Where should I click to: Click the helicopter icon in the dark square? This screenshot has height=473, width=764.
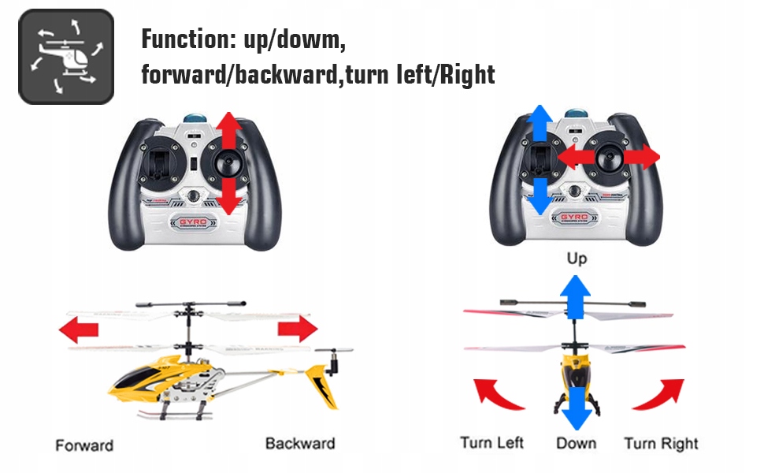[66, 57]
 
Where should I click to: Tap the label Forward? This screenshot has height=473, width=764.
[84, 445]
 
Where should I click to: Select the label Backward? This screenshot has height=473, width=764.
[300, 443]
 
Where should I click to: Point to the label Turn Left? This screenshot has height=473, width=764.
[492, 443]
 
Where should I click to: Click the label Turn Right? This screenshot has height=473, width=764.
[661, 443]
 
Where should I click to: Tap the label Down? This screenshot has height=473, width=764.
[576, 444]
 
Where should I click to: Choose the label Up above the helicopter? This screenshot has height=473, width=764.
[577, 259]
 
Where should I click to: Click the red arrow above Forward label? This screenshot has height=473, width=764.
[80, 329]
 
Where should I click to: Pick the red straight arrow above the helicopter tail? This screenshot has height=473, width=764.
[296, 328]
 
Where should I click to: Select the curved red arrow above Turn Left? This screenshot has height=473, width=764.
[497, 394]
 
